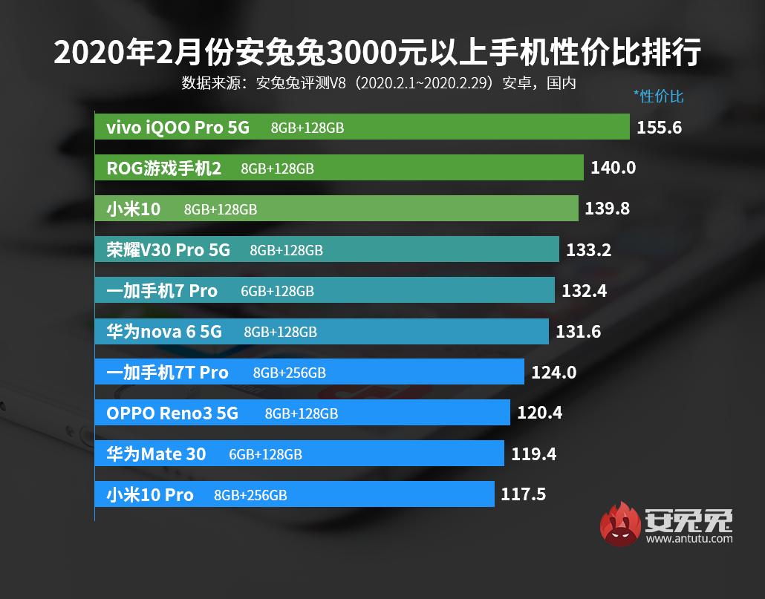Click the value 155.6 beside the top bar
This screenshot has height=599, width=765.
point(659,128)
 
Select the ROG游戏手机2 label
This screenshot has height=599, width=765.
point(164,168)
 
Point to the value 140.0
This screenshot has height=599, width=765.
point(613,168)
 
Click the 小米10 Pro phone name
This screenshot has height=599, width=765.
point(149,494)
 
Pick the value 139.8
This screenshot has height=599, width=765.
point(607,209)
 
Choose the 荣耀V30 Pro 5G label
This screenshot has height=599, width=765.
point(168,250)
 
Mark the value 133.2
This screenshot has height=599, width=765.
point(588,250)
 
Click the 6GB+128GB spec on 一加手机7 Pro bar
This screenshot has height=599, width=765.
point(277,291)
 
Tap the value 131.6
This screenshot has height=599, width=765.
point(578,332)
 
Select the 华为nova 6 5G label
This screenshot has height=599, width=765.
point(163,332)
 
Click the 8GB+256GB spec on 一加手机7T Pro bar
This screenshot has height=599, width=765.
point(289,373)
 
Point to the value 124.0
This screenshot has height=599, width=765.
point(553,373)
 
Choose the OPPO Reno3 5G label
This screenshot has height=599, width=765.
point(172,413)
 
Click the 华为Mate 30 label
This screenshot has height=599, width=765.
point(156,454)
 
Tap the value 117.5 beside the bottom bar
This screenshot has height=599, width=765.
point(523,494)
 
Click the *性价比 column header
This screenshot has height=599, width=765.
point(658,96)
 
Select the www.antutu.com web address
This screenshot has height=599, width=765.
point(688,540)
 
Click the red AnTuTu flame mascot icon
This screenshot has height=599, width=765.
point(620,523)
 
